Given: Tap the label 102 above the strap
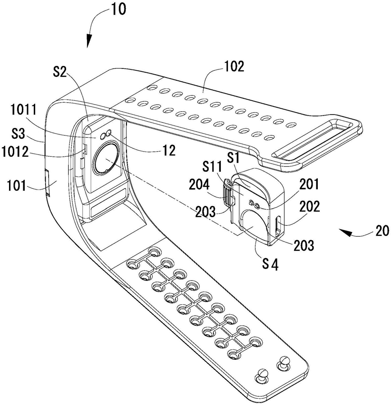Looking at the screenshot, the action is (234, 67).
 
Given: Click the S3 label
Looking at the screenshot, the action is (19, 135).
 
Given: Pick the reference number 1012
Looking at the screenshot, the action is (15, 152).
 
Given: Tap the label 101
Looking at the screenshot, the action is (17, 185).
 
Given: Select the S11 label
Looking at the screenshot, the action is (212, 166).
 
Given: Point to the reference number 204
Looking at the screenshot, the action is (200, 185).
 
